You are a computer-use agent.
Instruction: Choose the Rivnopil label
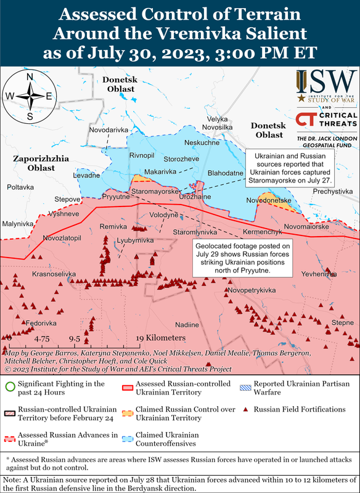click(x=142, y=155)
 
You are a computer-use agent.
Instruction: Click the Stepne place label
click(x=343, y=322)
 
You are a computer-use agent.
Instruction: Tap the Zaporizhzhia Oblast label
click(x=35, y=163)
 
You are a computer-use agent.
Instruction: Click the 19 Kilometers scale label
click(x=160, y=338)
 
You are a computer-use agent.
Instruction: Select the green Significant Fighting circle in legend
click(x=9, y=387)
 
